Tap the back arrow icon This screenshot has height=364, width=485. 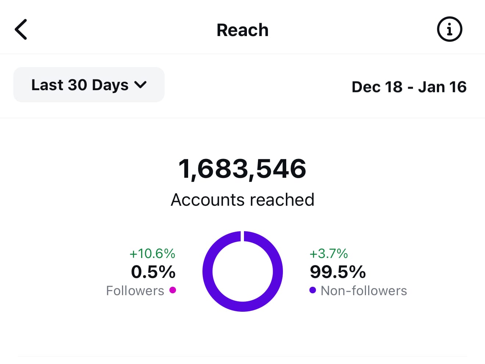[x=21, y=29]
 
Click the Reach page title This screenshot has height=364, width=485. [x=242, y=30]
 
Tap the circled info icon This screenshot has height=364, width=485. [x=449, y=29]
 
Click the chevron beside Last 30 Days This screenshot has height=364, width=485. [x=140, y=85]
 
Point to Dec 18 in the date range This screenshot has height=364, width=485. [x=377, y=87]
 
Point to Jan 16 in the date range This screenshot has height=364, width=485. [x=442, y=87]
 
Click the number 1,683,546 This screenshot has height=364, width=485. [x=242, y=169]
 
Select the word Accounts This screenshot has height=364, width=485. [x=208, y=200]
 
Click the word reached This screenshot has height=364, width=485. [x=282, y=200]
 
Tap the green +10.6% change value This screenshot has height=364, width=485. [x=152, y=253]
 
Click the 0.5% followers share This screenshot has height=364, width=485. [x=153, y=272]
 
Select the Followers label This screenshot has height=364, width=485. [x=135, y=291]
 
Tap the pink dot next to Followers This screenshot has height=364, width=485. [x=173, y=290]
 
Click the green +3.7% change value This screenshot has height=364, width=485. [x=328, y=253]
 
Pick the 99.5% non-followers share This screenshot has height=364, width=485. [x=338, y=272]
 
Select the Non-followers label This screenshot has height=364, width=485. [x=364, y=291]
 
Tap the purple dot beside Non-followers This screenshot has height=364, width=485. [x=313, y=290]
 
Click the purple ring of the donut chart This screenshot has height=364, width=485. [x=208, y=271]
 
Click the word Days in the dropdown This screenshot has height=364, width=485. [x=110, y=85]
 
